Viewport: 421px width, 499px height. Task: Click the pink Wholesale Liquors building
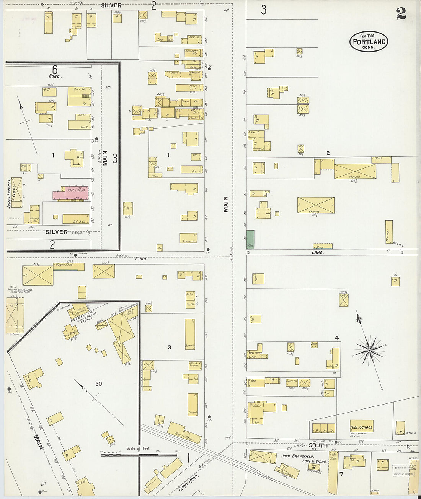point(71,193)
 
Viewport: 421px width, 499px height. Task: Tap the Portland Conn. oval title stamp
point(369,42)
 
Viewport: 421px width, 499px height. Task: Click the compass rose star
point(369,350)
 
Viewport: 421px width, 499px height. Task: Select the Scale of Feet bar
point(139,455)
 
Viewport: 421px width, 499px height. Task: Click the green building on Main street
point(250,240)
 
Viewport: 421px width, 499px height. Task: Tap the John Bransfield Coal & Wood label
point(304,459)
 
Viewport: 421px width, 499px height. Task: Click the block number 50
point(99,384)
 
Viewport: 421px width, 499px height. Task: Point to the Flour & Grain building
point(184,433)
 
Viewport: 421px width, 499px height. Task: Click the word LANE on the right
point(318,252)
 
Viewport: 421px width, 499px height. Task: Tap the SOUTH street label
point(318,445)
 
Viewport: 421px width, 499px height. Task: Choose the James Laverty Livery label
point(11,195)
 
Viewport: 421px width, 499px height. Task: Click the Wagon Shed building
point(69,266)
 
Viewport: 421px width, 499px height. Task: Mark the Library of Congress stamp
point(404,470)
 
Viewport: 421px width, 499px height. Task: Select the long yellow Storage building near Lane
point(389,232)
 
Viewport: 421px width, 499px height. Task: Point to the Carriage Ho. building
point(34,215)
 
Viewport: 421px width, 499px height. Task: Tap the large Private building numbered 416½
point(316,205)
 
